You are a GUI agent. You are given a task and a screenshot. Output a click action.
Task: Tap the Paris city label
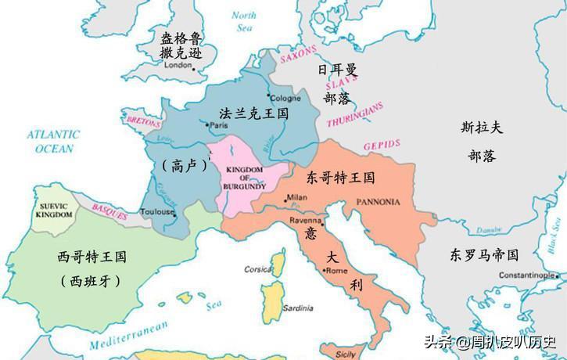(x=218, y=124)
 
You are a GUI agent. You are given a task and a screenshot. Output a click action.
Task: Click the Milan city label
(x=297, y=196)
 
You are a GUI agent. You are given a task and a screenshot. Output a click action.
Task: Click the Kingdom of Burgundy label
(x=246, y=177)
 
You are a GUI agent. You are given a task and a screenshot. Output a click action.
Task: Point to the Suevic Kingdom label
(x=55, y=209)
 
